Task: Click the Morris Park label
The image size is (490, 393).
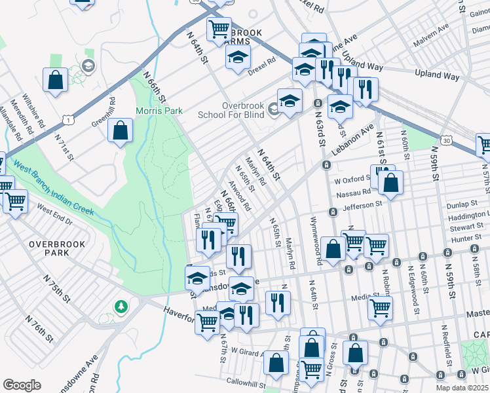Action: (x=159, y=111)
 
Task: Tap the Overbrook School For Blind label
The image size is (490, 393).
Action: (x=233, y=109)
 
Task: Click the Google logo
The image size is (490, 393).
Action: (x=22, y=385)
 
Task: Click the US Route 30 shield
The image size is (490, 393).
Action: (x=445, y=140)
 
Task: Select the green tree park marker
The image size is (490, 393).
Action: (x=120, y=306)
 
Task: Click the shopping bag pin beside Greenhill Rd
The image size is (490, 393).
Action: (x=121, y=131)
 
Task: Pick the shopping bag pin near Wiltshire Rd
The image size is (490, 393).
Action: (x=56, y=79)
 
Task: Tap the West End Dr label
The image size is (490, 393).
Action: (x=54, y=210)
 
